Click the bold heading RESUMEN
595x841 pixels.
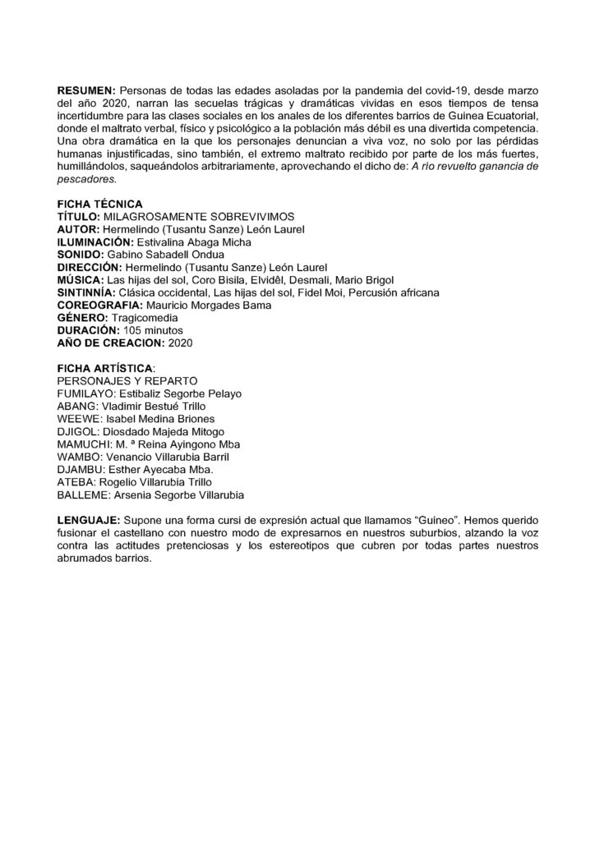click(87, 89)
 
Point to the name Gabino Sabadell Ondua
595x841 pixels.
click(167, 255)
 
